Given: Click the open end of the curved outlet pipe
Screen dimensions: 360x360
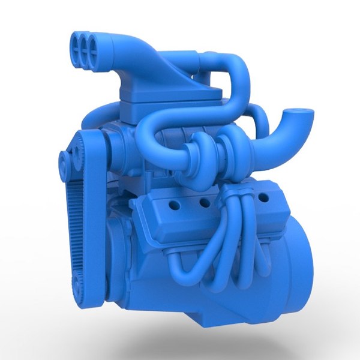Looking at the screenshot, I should click(298, 112).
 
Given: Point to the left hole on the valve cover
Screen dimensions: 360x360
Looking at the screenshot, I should click(173, 206).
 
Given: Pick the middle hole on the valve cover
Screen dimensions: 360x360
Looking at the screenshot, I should click(205, 203).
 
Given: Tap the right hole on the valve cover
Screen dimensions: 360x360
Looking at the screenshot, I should click(262, 197).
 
